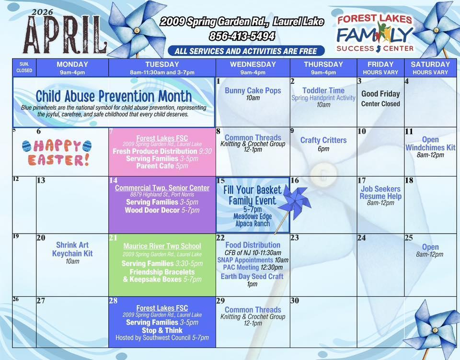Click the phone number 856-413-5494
[242, 36]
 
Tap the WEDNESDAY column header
[253, 64]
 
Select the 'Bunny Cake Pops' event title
[253, 90]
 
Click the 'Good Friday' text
[380, 94]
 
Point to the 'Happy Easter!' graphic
[57, 153]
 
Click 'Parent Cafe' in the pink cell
[155, 166]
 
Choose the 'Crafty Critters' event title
[323, 140]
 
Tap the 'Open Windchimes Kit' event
[430, 144]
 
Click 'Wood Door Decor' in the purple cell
[152, 210]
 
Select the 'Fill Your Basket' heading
[253, 190]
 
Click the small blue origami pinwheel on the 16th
[295, 202]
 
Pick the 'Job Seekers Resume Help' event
[380, 192]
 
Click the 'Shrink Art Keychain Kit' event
[72, 249]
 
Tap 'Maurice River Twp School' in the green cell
[162, 246]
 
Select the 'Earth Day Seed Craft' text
[252, 276]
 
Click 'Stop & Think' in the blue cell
[162, 330]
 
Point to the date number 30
[295, 301]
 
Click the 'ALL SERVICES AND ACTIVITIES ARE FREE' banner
[246, 51]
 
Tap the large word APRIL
[65, 35]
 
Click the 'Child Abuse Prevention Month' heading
[114, 96]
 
